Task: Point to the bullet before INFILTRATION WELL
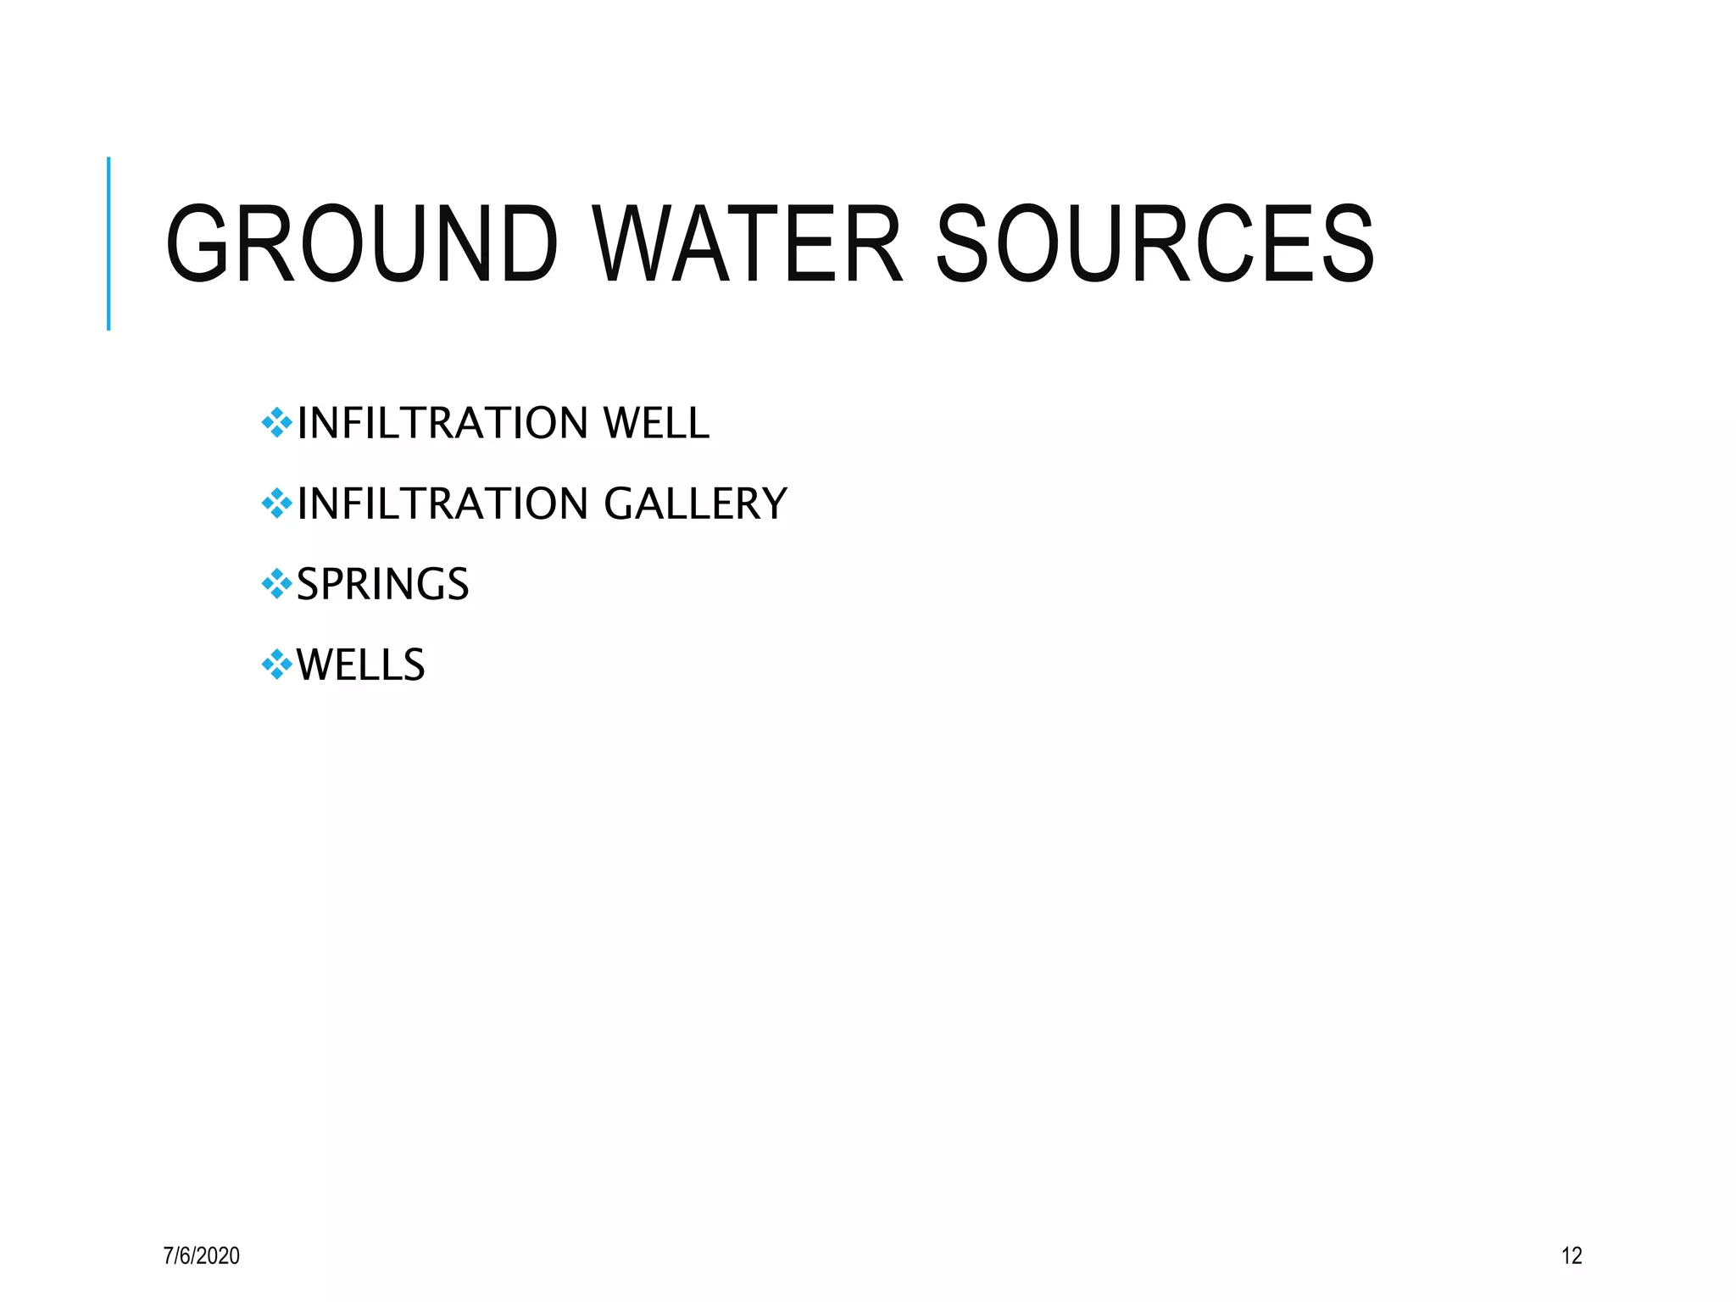[276, 422]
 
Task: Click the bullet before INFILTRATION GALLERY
[276, 503]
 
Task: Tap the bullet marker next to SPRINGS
[276, 583]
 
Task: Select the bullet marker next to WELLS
[276, 664]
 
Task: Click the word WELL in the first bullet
[655, 423]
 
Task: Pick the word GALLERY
[695, 504]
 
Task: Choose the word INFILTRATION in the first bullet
[442, 423]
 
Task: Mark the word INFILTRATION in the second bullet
[442, 504]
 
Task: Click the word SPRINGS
[382, 584]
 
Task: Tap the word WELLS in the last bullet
[360, 665]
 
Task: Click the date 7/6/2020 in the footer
[201, 1255]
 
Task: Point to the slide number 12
[1571, 1255]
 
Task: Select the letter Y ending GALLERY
[774, 504]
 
